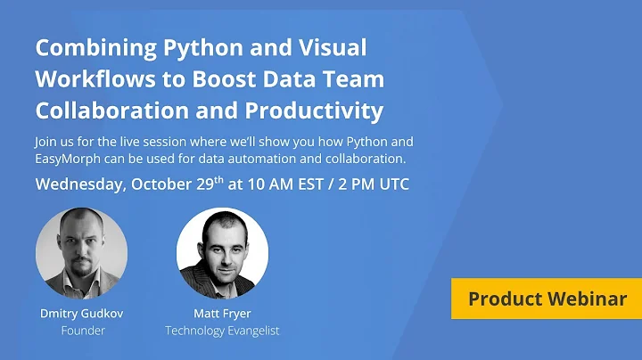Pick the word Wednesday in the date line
[x=79, y=185]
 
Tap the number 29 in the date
[x=219, y=185]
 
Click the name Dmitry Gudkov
[x=81, y=314]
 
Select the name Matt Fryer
[x=222, y=314]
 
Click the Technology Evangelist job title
[x=222, y=330]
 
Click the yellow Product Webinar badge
[x=547, y=299]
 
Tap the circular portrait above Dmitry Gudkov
[x=81, y=252]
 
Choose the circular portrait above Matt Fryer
[x=222, y=252]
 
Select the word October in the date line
[x=168, y=185]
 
